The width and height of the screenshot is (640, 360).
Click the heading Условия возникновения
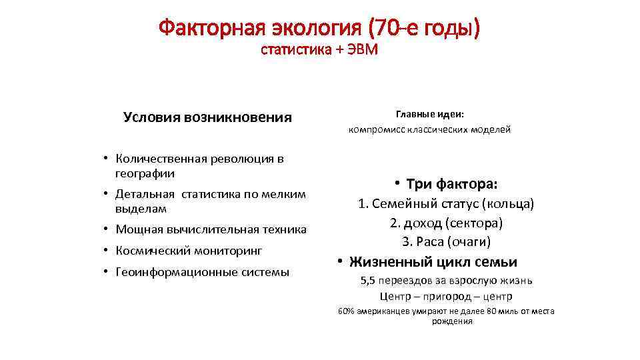pyautogui.click(x=207, y=117)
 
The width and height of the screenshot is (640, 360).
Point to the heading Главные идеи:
pyautogui.click(x=429, y=114)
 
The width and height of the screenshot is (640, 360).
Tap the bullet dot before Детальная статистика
pyautogui.click(x=106, y=195)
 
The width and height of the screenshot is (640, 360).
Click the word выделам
pyautogui.click(x=137, y=209)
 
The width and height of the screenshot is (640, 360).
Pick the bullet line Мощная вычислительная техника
pyautogui.click(x=211, y=229)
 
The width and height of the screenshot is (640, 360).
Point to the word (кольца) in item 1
pyautogui.click(x=508, y=203)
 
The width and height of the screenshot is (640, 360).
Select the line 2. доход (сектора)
pyautogui.click(x=446, y=222)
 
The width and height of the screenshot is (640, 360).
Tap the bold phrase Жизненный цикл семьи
pyautogui.click(x=433, y=261)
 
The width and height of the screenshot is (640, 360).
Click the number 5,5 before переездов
pyautogui.click(x=368, y=281)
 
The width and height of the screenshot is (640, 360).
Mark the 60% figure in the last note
pyautogui.click(x=347, y=311)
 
